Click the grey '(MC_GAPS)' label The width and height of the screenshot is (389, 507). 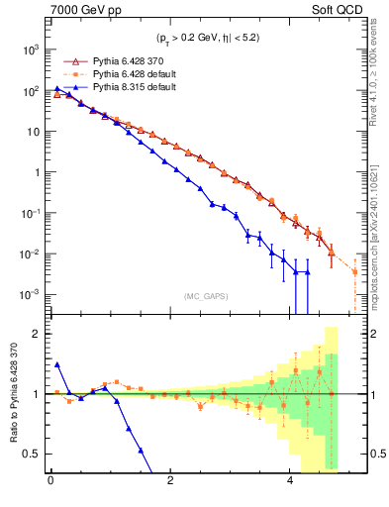(203, 296)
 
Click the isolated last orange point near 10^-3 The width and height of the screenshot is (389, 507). (354, 270)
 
